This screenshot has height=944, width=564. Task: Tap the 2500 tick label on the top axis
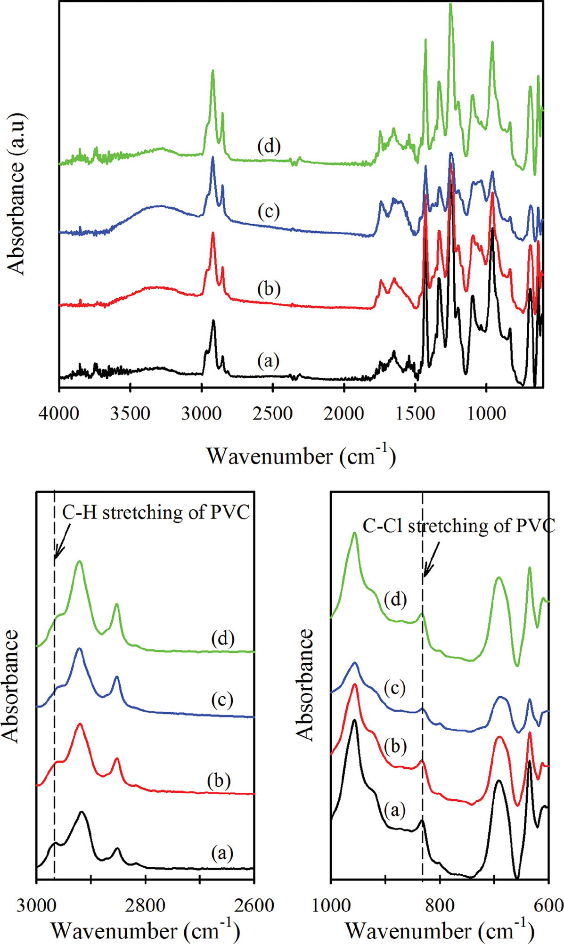[273, 414]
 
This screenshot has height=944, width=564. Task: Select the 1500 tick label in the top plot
[415, 414]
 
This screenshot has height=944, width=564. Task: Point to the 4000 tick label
[59, 414]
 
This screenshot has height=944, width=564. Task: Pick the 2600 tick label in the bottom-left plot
[254, 906]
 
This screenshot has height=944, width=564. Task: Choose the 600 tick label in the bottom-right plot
[548, 906]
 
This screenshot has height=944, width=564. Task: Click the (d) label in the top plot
[269, 146]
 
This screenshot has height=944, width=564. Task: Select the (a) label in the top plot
[269, 361]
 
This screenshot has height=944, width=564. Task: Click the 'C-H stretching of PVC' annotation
[156, 512]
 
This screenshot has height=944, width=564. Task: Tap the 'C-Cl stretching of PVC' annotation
[458, 526]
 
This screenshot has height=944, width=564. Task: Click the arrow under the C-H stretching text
[62, 542]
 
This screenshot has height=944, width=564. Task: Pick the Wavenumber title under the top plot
[301, 456]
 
